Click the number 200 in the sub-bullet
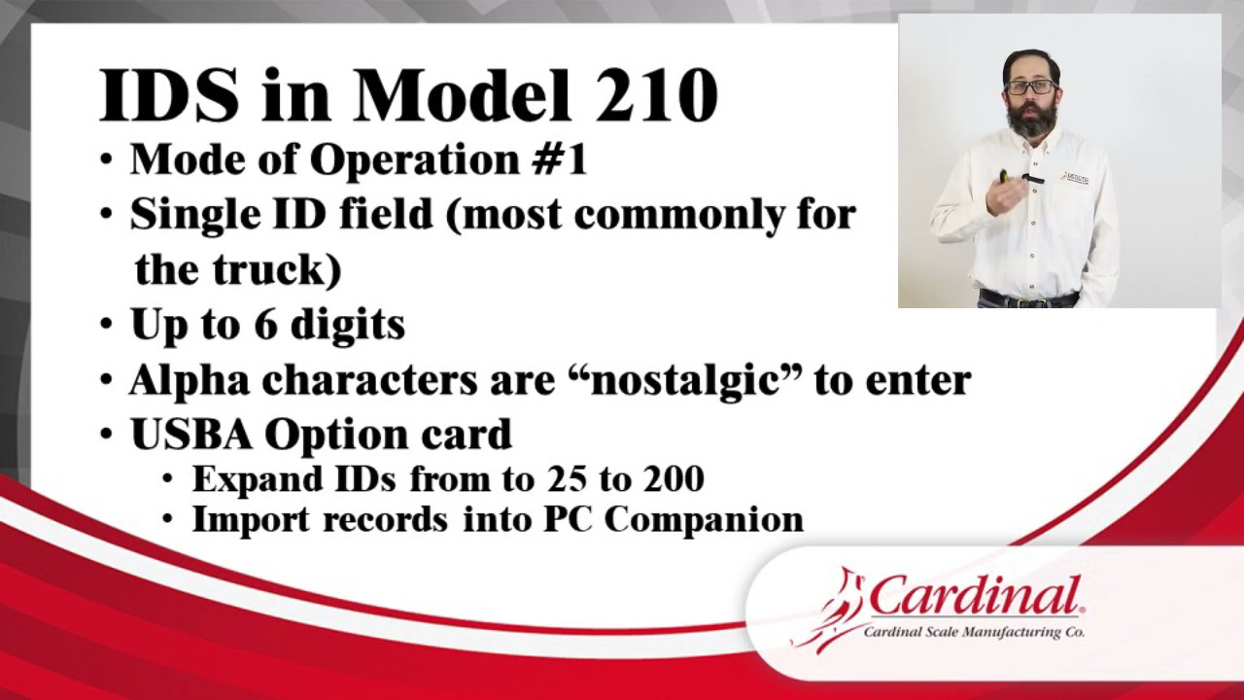click(672, 479)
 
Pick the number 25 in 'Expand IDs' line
click(565, 479)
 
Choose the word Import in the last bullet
click(251, 519)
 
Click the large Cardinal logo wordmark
click(974, 596)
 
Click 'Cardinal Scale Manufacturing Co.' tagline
click(974, 633)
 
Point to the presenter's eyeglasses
click(1030, 87)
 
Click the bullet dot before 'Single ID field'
click(108, 214)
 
